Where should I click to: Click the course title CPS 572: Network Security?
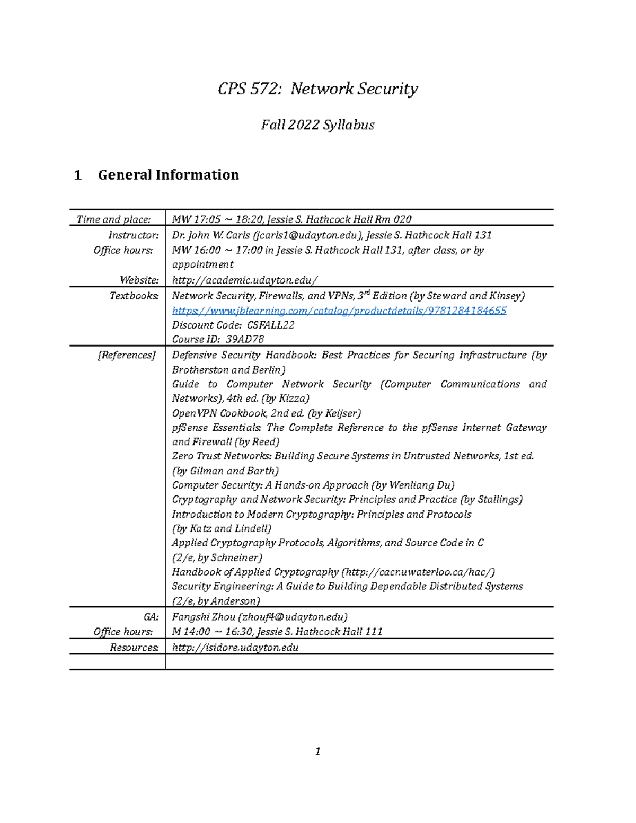click(x=317, y=89)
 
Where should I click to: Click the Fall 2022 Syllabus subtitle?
click(x=317, y=125)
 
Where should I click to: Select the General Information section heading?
click(x=168, y=175)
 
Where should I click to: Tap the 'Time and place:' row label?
click(x=113, y=219)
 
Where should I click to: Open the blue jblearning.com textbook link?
click(x=339, y=311)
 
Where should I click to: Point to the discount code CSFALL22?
click(x=270, y=325)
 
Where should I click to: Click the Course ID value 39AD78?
click(x=244, y=339)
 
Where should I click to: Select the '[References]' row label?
click(x=127, y=355)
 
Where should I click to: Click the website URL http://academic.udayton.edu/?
click(x=245, y=280)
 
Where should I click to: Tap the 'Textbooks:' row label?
click(x=134, y=296)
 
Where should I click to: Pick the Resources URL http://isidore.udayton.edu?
click(x=235, y=648)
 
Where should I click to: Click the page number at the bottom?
click(x=317, y=751)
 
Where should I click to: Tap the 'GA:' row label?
click(x=151, y=617)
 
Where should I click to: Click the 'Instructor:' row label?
click(x=133, y=235)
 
